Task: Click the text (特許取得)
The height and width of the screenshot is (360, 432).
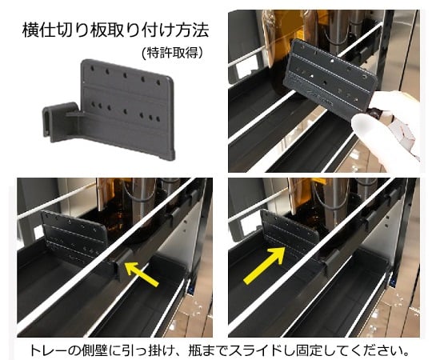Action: click(x=170, y=53)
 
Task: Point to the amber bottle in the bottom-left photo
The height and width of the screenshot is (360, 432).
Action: click(x=120, y=208)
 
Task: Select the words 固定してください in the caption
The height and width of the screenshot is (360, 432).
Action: click(x=352, y=350)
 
